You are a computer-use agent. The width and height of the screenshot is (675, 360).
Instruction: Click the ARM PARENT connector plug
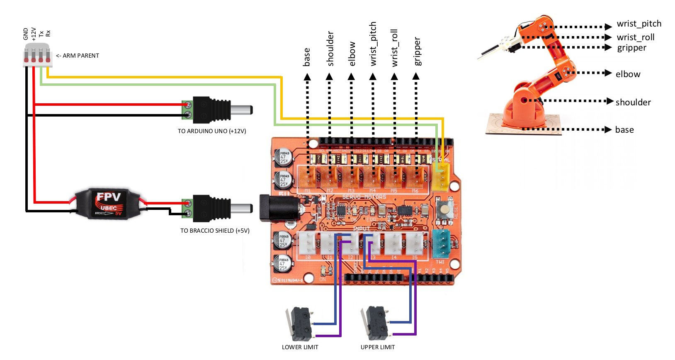pos(37,56)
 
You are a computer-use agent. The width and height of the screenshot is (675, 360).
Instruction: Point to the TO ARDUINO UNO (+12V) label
pos(212,131)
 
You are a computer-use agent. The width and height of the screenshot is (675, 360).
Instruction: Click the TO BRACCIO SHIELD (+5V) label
pos(215,231)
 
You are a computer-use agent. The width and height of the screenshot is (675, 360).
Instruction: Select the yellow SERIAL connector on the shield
pos(441,176)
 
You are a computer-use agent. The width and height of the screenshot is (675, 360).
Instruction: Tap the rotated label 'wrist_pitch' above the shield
pos(373,44)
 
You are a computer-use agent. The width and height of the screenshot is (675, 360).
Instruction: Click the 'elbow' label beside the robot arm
pos(628,74)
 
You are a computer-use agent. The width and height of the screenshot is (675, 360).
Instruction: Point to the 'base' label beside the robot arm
pos(624,130)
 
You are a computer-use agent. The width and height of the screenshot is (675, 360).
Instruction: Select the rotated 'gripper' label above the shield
pos(417,51)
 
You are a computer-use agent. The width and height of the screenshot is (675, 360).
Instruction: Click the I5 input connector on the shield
pos(414,243)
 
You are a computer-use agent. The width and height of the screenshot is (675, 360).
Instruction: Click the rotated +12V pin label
pos(34,34)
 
